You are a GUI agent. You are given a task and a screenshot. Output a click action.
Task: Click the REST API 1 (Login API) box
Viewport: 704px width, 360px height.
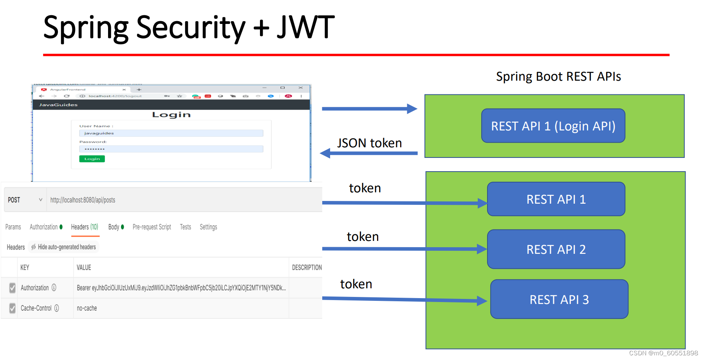553,126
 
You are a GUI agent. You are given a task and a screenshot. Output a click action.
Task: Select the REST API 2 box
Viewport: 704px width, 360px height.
556,249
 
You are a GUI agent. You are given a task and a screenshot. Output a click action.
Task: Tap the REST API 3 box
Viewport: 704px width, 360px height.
559,299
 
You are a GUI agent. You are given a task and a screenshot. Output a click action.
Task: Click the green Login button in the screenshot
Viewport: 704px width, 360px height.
92,159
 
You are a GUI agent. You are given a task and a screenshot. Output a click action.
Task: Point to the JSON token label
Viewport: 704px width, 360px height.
369,143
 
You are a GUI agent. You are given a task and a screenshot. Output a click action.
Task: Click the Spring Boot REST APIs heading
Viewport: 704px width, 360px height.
558,76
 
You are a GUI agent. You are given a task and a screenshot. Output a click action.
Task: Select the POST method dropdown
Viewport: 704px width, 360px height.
25,200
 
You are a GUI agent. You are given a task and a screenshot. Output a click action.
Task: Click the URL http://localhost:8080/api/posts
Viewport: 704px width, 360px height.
83,200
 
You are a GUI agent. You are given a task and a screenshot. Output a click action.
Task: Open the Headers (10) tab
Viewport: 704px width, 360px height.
85,227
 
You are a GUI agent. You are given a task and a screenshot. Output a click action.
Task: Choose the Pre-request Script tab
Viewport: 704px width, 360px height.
152,227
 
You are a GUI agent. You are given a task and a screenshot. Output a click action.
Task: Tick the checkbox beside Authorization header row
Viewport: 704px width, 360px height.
13,288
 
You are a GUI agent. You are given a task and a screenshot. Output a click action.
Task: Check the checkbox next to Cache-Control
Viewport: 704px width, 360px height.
13,308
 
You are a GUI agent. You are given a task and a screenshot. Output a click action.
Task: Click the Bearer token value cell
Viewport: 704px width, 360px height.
181,288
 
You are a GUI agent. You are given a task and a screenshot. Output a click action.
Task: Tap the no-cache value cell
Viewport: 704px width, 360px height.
87,308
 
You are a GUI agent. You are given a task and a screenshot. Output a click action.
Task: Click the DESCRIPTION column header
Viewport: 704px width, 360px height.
307,268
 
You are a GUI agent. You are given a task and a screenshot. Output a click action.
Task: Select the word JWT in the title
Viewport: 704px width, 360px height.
305,27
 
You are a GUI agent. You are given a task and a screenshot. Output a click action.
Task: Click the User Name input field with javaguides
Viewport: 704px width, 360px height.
171,133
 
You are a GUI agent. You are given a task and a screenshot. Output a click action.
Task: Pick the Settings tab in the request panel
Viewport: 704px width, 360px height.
208,227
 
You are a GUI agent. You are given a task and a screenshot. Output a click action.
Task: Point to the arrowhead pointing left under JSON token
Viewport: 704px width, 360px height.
325,153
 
